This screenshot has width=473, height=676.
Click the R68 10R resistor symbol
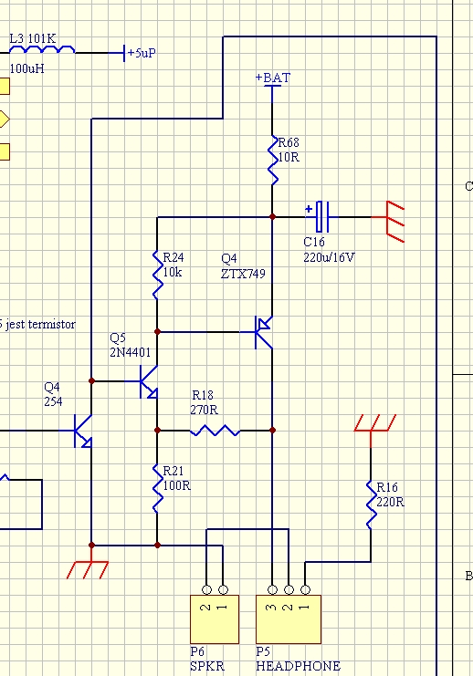click(x=273, y=161)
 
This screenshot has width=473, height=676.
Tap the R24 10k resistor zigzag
click(x=158, y=275)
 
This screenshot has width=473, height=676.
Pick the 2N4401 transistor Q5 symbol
click(x=149, y=381)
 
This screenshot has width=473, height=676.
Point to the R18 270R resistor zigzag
click(x=215, y=431)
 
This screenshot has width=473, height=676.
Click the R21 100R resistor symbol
click(x=158, y=488)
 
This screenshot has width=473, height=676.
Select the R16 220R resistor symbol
click(x=371, y=504)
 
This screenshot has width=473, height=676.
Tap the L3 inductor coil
click(x=42, y=49)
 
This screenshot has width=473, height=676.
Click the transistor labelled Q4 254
click(x=83, y=431)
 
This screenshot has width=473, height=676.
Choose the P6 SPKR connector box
click(x=215, y=619)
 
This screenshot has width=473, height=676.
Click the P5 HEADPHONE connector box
click(x=289, y=619)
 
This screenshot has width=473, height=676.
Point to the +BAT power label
click(x=273, y=78)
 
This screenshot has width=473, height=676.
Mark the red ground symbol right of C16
click(x=394, y=222)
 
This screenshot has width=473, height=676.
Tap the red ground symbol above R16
click(x=375, y=423)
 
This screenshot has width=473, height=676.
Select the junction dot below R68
click(x=272, y=217)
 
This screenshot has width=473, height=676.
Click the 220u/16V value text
click(x=329, y=258)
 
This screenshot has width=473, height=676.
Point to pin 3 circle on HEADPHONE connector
click(x=272, y=589)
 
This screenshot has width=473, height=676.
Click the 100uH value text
click(x=26, y=68)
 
